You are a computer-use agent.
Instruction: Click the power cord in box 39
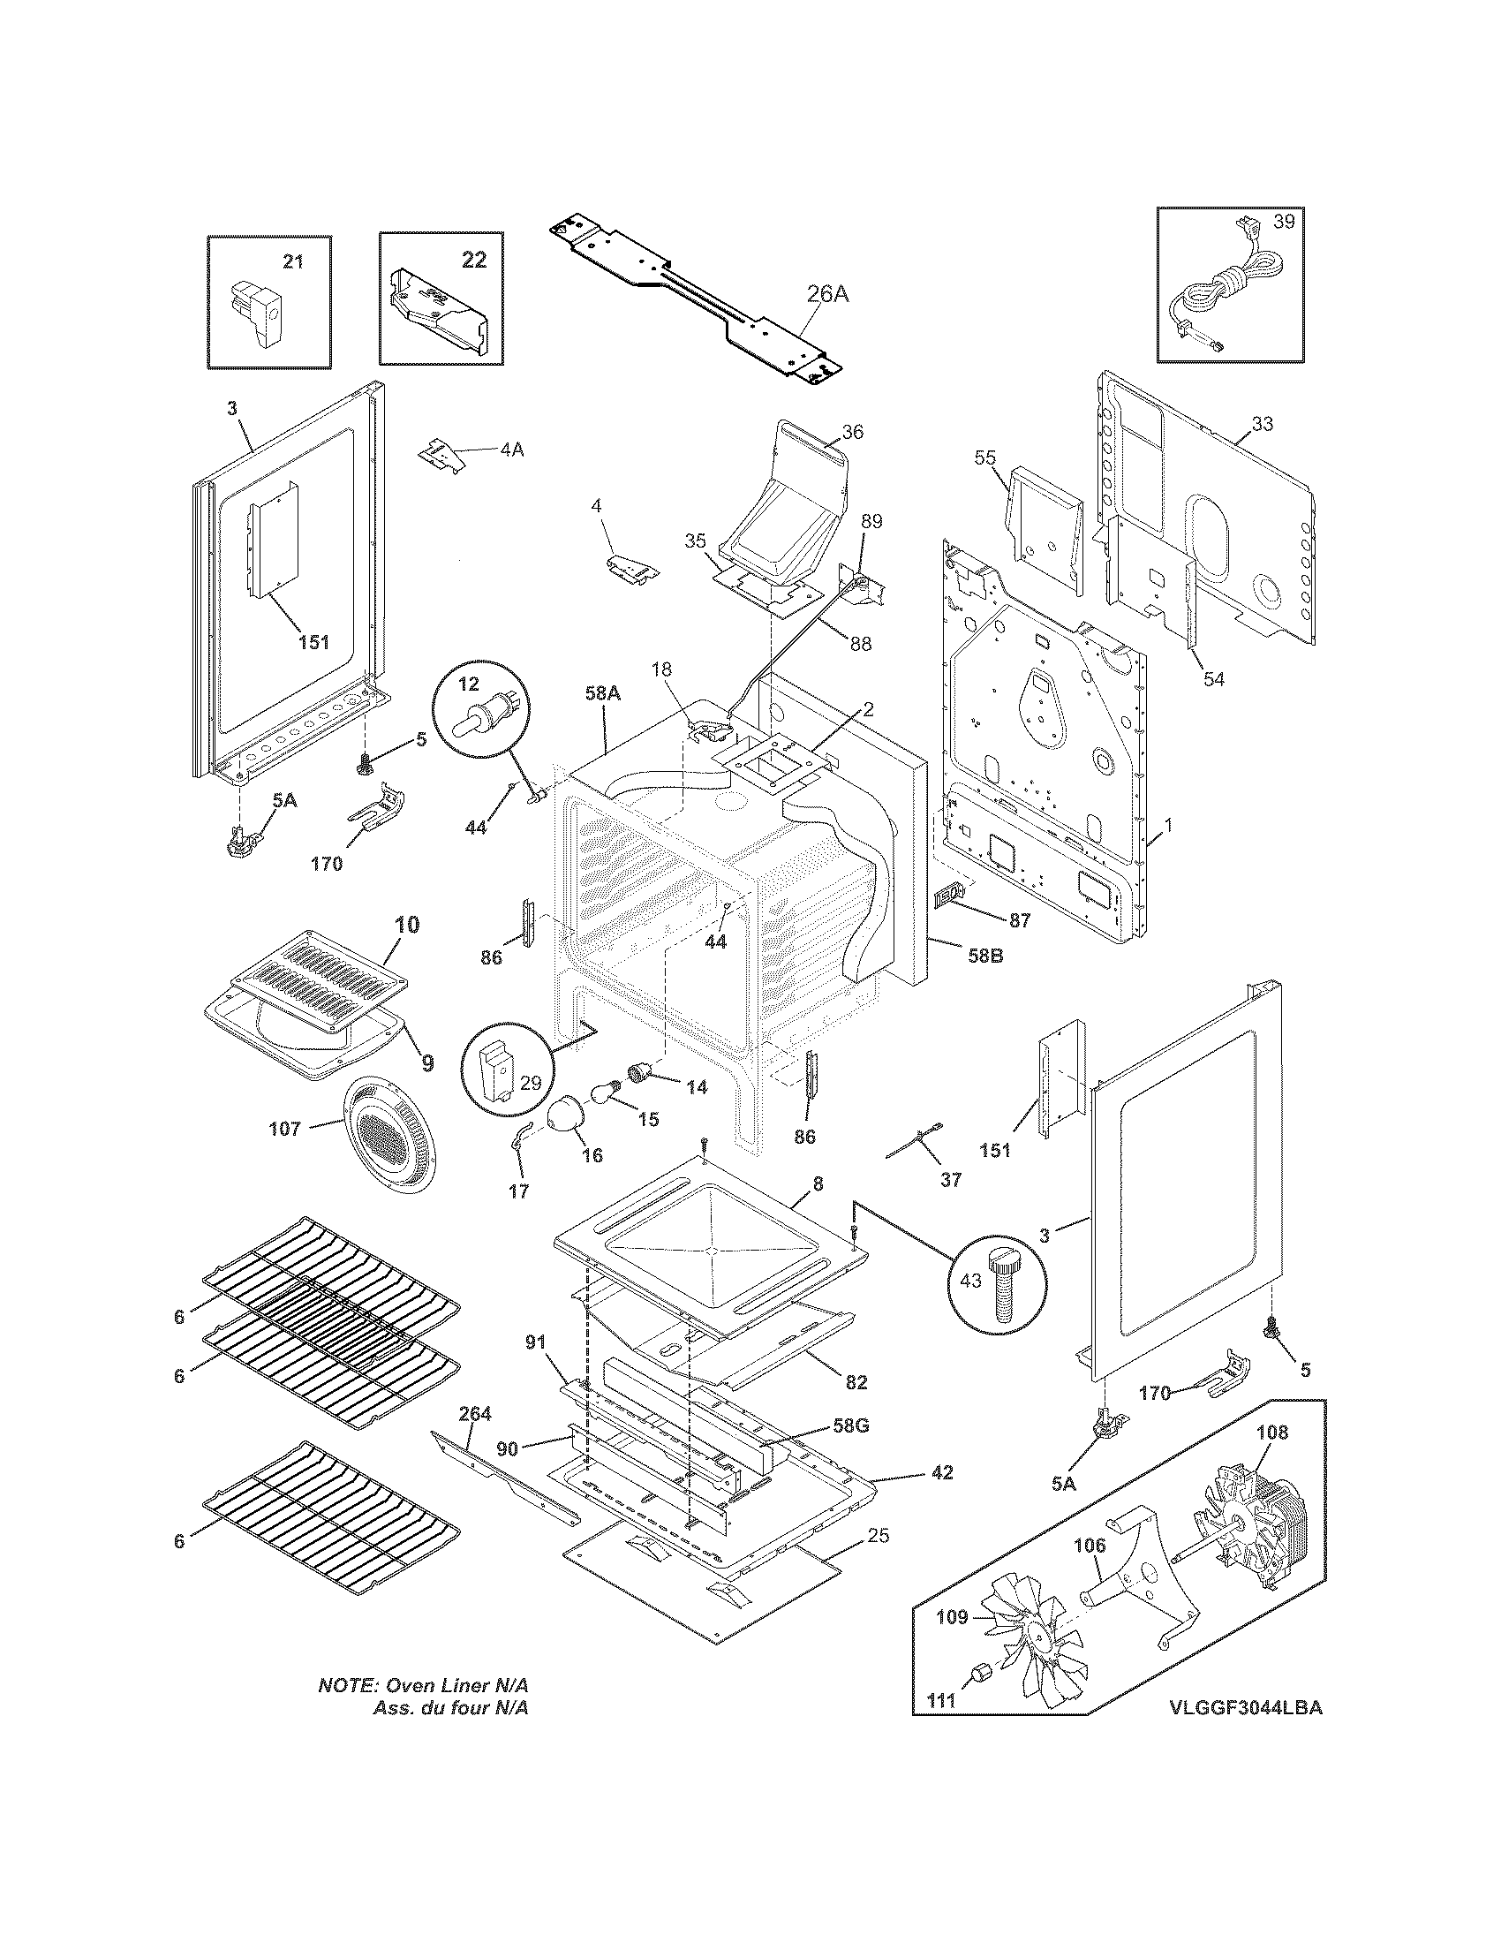click(x=1227, y=289)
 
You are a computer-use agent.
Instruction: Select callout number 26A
click(x=827, y=293)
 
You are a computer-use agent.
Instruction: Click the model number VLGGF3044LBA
click(x=1245, y=1733)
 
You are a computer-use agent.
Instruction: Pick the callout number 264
click(x=475, y=1414)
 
